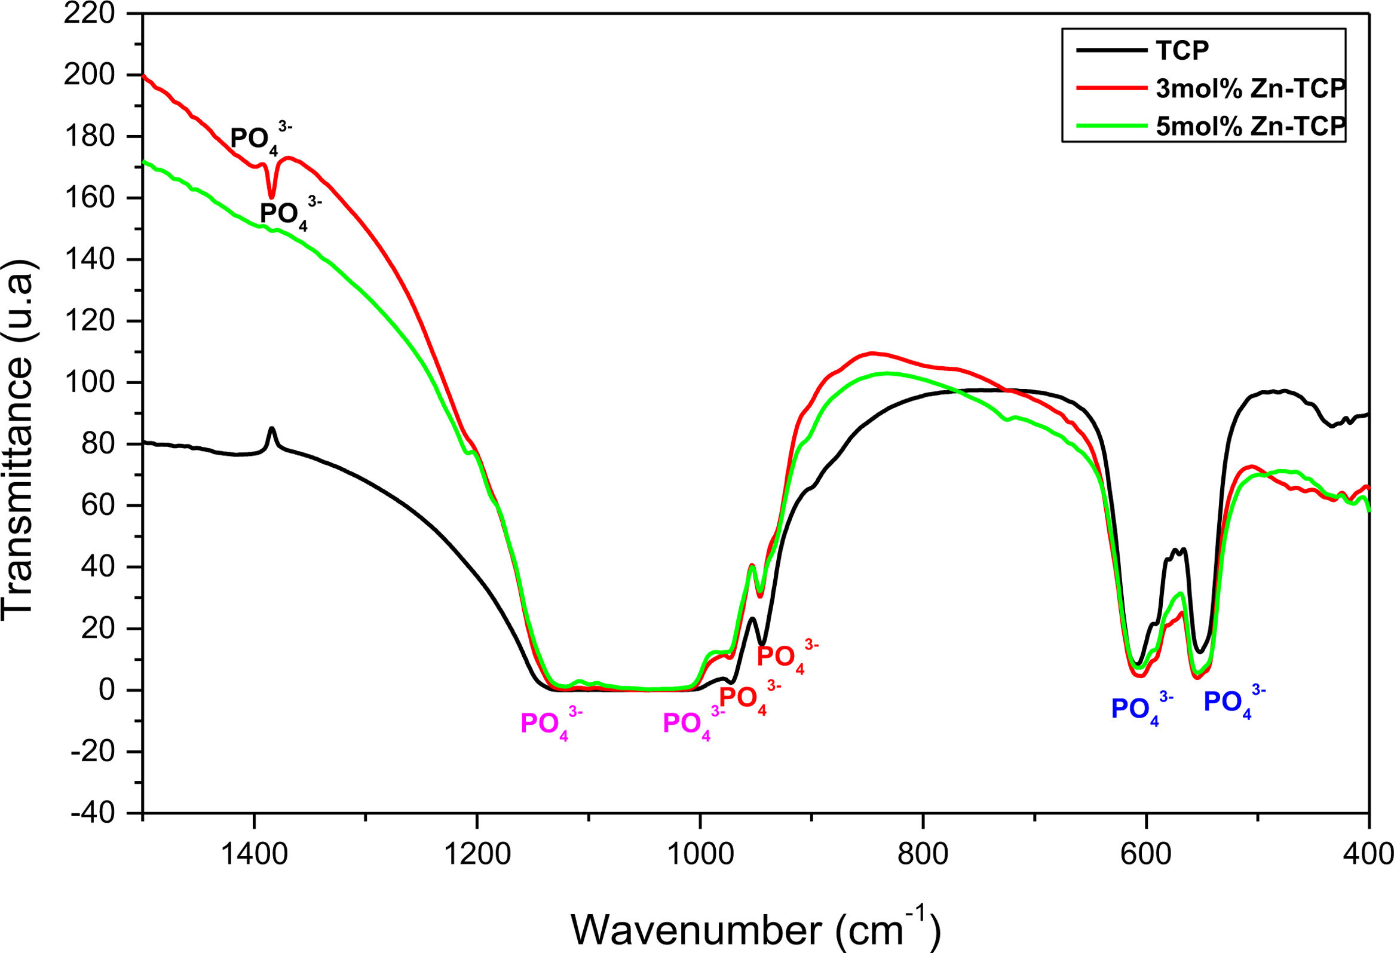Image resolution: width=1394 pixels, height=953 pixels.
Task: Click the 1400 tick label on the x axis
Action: coord(255,854)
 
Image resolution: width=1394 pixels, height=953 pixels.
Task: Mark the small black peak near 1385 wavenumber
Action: coord(272,428)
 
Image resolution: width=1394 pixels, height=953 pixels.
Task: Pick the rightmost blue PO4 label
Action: coord(1235,702)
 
